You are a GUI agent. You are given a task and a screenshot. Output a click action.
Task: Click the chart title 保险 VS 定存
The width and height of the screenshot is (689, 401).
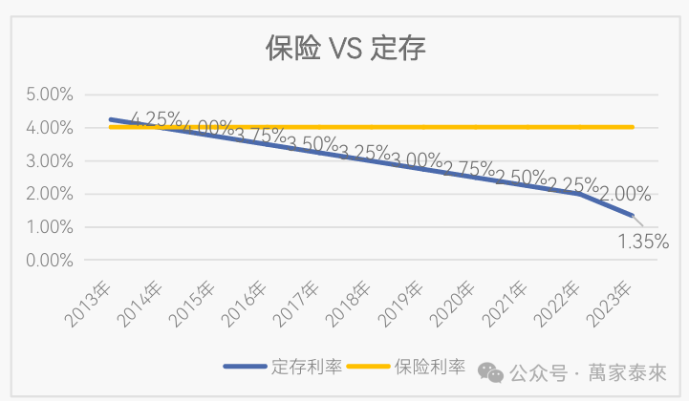pyautogui.click(x=345, y=47)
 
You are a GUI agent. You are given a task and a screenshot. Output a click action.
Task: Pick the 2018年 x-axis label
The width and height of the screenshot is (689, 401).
pyautogui.click(x=352, y=305)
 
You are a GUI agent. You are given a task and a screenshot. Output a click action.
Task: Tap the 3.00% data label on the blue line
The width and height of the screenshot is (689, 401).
pyautogui.click(x=417, y=161)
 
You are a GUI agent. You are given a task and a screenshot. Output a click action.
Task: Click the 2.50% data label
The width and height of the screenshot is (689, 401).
pyautogui.click(x=521, y=178)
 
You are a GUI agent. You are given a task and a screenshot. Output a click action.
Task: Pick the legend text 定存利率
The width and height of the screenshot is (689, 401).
pyautogui.click(x=306, y=367)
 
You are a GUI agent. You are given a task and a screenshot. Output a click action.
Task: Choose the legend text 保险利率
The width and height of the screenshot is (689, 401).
pyautogui.click(x=430, y=367)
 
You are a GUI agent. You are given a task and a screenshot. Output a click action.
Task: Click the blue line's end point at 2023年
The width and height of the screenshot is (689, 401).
pyautogui.click(x=632, y=216)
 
